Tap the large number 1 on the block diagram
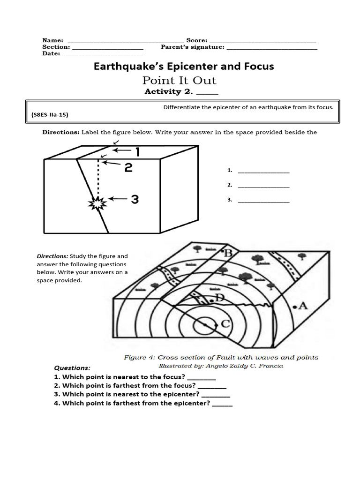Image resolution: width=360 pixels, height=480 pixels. click(x=138, y=152)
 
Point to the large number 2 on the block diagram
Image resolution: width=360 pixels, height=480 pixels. click(x=128, y=167)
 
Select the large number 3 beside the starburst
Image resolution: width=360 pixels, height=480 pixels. click(x=135, y=200)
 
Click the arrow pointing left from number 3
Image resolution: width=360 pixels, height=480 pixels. click(x=118, y=200)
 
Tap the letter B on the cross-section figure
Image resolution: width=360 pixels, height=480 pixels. click(x=229, y=253)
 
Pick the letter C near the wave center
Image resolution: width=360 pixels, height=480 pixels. click(x=225, y=323)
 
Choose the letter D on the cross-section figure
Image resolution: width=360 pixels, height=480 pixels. click(x=221, y=298)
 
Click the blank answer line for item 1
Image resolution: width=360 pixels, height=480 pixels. click(x=263, y=172)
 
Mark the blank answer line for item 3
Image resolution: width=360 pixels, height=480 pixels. click(x=263, y=202)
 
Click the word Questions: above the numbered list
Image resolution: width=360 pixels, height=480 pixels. click(x=72, y=368)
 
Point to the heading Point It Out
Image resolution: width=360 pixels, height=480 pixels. click(x=180, y=80)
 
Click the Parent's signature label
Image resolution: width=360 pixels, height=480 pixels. click(x=193, y=47)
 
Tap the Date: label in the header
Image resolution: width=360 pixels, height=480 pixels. click(x=51, y=53)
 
